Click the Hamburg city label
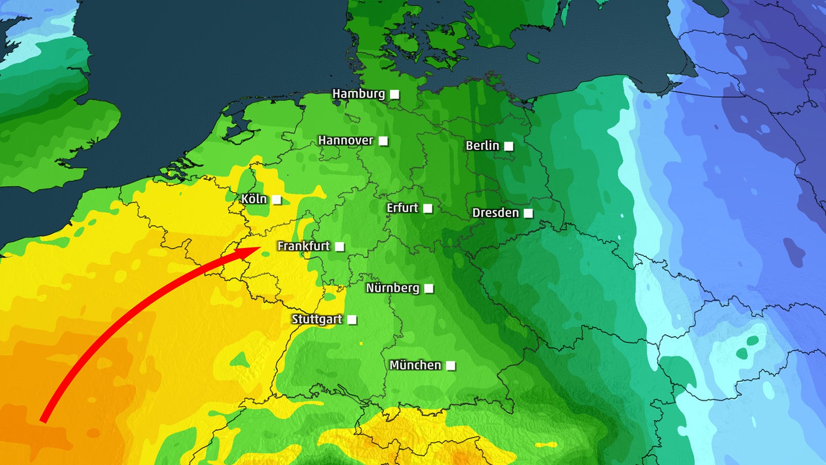(358, 94)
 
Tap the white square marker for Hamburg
(394, 94)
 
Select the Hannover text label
(345, 141)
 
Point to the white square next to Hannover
(383, 141)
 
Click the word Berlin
(482, 146)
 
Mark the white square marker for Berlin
(509, 146)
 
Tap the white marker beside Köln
(277, 200)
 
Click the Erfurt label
(402, 208)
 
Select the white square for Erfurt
(427, 208)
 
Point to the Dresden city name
(495, 213)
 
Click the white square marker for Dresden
(528, 213)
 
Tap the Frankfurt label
(303, 246)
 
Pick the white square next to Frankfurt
(339, 247)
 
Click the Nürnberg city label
(392, 288)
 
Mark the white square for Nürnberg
(428, 288)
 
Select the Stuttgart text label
(316, 319)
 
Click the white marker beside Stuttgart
(352, 320)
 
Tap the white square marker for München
(451, 366)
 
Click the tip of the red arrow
(260, 248)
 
